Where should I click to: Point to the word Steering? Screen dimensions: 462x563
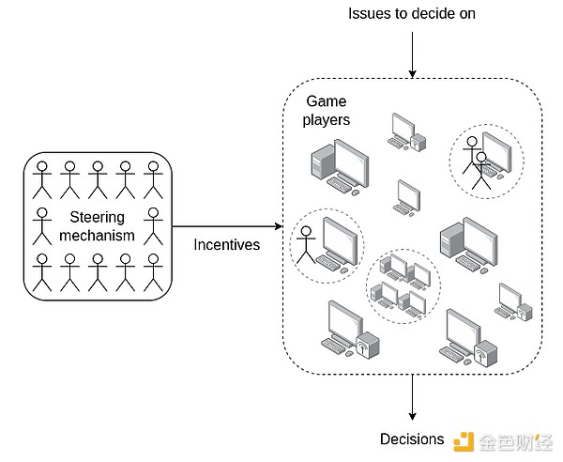[x=97, y=219]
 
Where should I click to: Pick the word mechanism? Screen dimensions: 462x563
[x=97, y=236]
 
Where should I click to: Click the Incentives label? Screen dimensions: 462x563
[x=225, y=244]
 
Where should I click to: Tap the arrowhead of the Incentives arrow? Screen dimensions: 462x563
[x=278, y=226]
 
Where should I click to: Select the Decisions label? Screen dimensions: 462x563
[x=412, y=439]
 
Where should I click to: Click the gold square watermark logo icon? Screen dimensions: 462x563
[x=462, y=440]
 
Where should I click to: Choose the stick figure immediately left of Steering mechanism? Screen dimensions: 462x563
[x=42, y=226]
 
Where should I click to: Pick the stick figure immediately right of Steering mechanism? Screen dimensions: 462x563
[x=154, y=226]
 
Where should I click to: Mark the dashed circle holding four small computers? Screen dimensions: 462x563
[x=401, y=285]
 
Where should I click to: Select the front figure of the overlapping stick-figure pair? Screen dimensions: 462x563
[x=483, y=173]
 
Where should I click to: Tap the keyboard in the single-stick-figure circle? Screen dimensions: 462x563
[x=329, y=266]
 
